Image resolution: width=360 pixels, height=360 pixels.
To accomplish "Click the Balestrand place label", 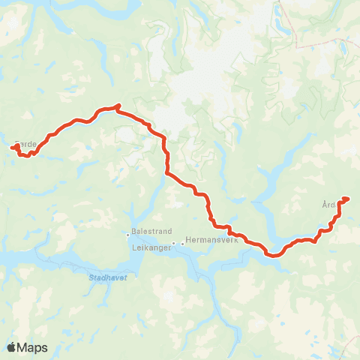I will coord(146,233).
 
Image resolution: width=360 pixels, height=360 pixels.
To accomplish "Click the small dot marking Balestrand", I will coord(127,234).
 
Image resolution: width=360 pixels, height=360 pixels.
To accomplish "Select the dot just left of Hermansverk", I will coord(182,243).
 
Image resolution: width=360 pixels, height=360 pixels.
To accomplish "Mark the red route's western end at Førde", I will coord(13,148).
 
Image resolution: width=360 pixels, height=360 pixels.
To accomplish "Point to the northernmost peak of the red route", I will coord(118,106).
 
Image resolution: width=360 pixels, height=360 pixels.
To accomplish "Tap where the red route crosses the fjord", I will coord(274,253).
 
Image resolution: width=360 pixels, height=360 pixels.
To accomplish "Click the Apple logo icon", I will coord(11,347).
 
